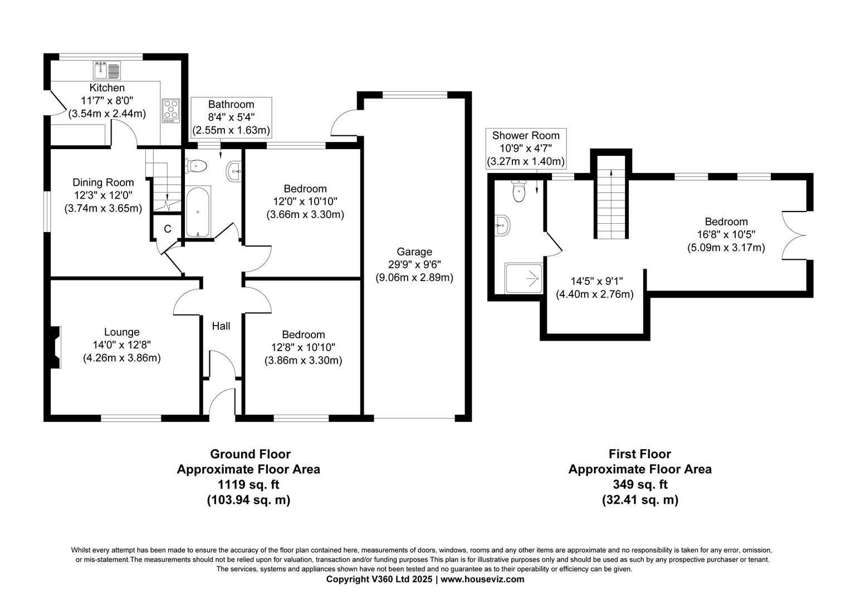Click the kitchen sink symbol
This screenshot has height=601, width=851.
pyautogui.click(x=107, y=71)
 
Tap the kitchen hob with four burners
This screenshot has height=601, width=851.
pyautogui.click(x=170, y=110)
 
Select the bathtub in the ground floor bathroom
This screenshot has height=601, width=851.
pyautogui.click(x=198, y=212)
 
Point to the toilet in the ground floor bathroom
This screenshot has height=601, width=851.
pyautogui.click(x=196, y=165)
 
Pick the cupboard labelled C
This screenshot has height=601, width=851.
pyautogui.click(x=167, y=229)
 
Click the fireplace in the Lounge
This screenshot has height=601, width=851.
pyautogui.click(x=55, y=347)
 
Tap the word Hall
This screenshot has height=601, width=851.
pyautogui.click(x=221, y=326)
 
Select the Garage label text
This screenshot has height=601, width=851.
pyautogui.click(x=414, y=252)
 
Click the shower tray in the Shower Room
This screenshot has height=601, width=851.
pyautogui.click(x=524, y=278)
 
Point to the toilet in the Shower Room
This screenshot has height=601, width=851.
pyautogui.click(x=519, y=191)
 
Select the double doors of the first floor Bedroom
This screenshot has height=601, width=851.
pyautogui.click(x=795, y=235)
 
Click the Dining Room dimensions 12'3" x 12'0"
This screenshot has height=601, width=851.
pyautogui.click(x=103, y=195)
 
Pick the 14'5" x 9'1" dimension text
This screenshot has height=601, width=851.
pyautogui.click(x=594, y=282)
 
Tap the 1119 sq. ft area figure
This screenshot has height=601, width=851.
pyautogui.click(x=248, y=485)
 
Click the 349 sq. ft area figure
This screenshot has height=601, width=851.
pyautogui.click(x=639, y=485)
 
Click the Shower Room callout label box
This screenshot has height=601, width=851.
pyautogui.click(x=526, y=149)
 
